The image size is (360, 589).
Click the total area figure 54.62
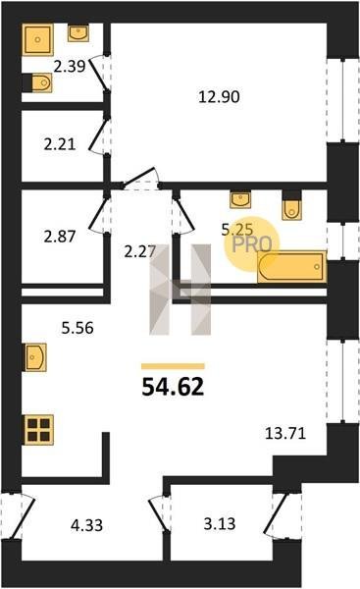coord(173,387)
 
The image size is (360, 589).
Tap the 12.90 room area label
coord(219,97)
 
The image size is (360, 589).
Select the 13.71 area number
coord(285,434)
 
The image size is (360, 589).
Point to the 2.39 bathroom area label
coord(70,67)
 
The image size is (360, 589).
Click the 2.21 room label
coord(60,144)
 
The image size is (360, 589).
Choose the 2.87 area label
coord(60,237)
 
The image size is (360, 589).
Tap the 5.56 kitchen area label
coord(77,328)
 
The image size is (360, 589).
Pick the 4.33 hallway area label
coord(86,525)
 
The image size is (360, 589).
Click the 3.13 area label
coord(220,523)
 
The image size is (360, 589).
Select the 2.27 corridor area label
coord(140,251)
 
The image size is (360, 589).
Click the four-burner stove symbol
coord(38,430)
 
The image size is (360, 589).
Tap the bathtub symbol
coord(291,266)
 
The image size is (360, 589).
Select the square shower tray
coord(37,39)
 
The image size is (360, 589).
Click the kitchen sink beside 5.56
coord(34,357)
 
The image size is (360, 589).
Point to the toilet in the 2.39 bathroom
coord(37,82)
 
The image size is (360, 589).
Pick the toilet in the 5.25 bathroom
coord(291,206)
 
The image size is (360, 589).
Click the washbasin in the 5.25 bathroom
coord(240,200)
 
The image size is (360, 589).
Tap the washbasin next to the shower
coord(78,32)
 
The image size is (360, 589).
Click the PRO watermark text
coord(251,244)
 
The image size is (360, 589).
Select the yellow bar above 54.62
coord(173,366)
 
